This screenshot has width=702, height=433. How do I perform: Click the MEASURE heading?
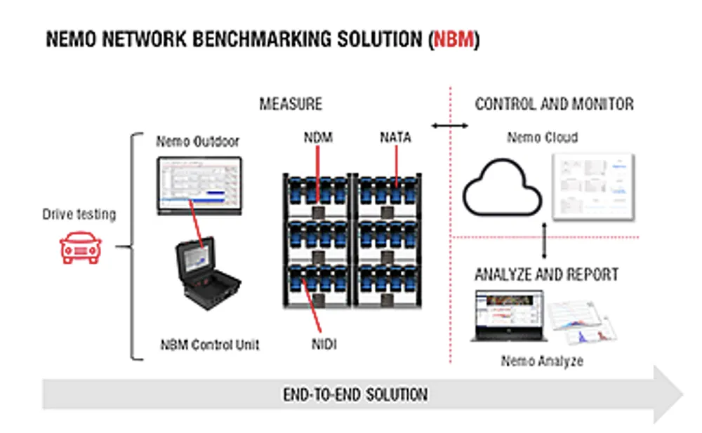[x=291, y=105]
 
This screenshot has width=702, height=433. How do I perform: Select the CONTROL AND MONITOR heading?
[x=555, y=105]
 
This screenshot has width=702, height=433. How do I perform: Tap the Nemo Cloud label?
[x=543, y=138]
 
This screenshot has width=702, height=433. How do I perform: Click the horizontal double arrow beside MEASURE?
[x=450, y=126]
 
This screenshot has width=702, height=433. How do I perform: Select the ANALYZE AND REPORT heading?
[x=547, y=274]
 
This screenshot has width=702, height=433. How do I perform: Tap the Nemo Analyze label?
[x=542, y=361]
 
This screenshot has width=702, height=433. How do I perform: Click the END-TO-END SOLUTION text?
[x=355, y=394]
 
